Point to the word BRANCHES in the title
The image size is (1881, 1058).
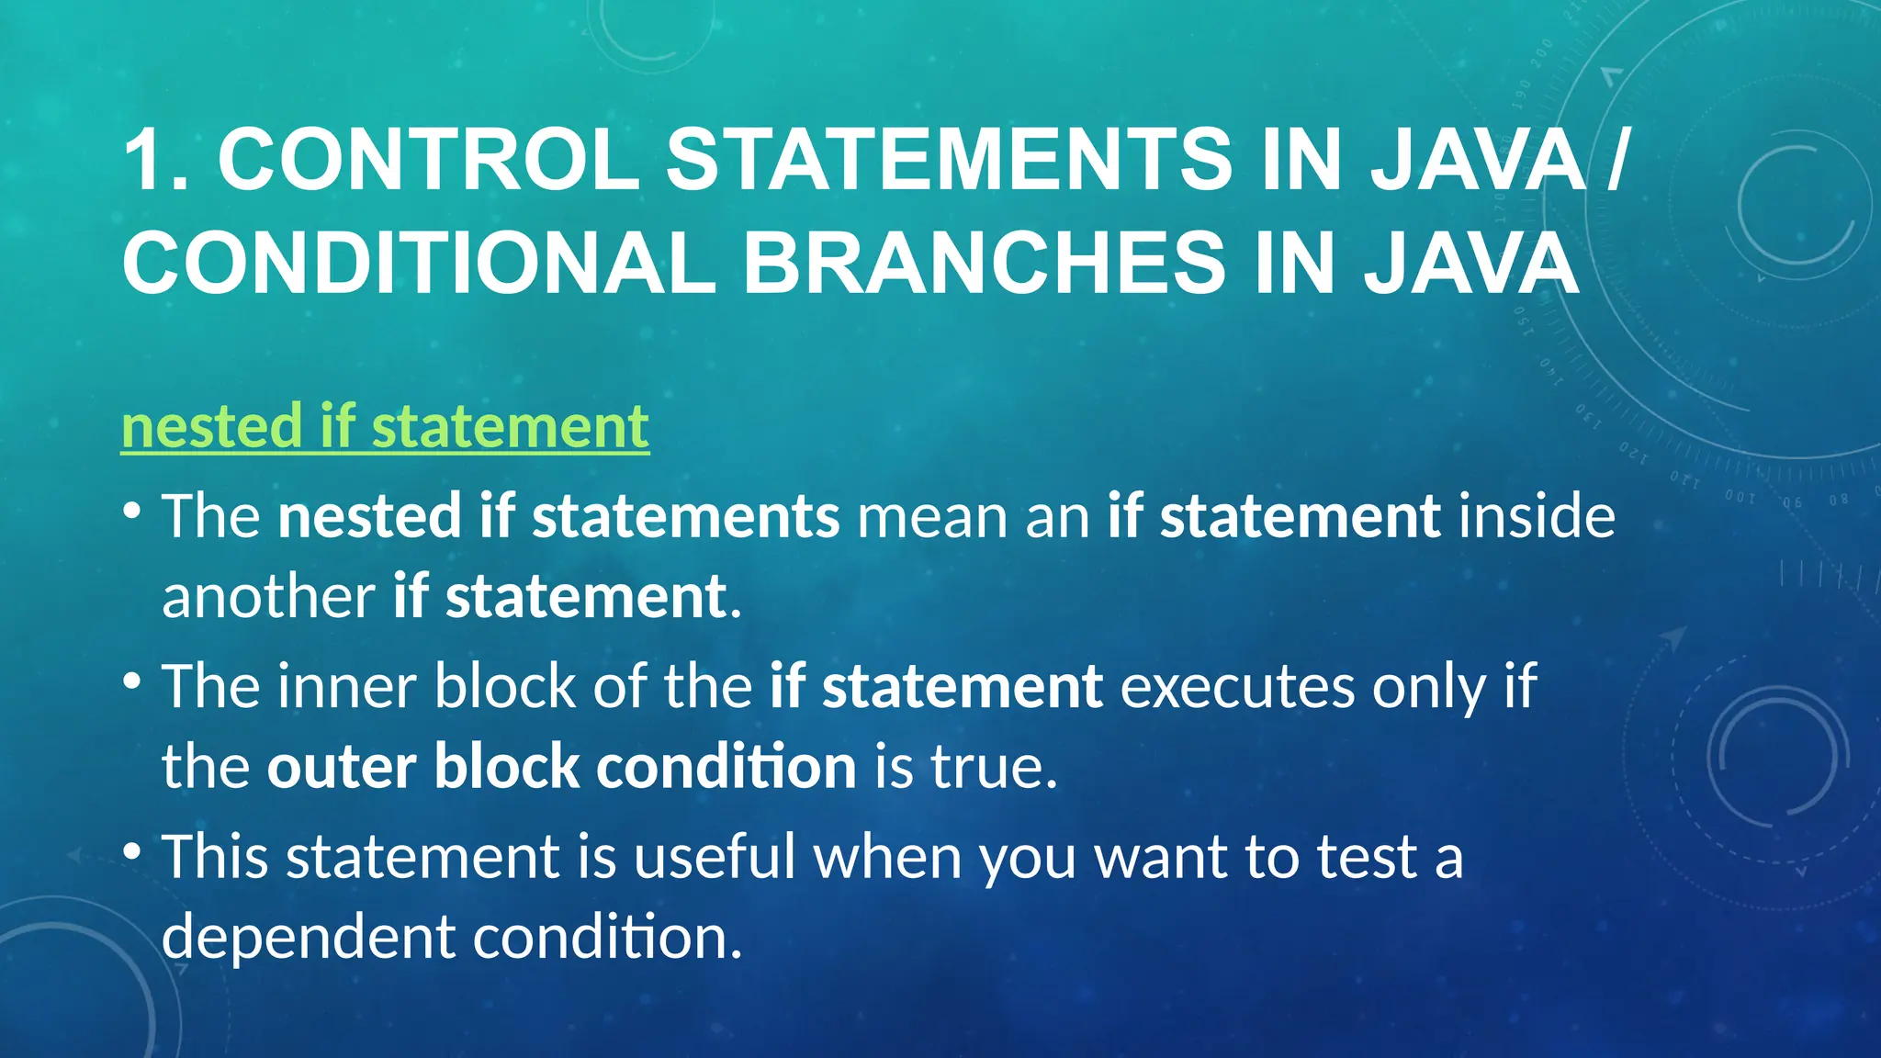984,263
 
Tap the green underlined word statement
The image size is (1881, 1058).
510,426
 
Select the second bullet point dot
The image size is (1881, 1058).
132,681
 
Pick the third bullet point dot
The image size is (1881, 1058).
132,851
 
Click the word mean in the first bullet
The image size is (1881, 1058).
931,516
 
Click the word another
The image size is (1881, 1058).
268,597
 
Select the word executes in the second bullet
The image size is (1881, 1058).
1237,686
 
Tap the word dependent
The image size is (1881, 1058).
309,938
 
